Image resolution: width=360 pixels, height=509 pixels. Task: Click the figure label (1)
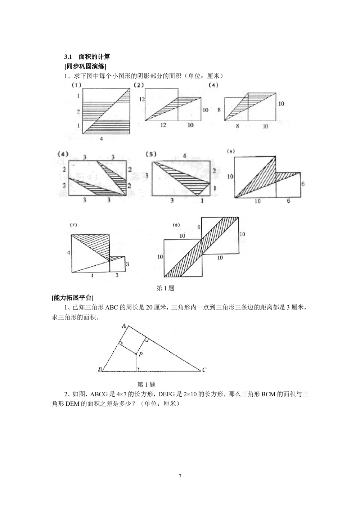click(76, 85)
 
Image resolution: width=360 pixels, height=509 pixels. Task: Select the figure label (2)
click(139, 85)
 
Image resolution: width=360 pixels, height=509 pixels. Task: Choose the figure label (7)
click(73, 225)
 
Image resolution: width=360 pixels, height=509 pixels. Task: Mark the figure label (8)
click(176, 225)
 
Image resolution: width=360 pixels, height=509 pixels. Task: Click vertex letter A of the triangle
click(123, 326)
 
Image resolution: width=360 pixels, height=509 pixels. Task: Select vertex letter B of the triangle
click(99, 370)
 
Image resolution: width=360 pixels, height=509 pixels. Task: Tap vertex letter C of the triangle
click(204, 370)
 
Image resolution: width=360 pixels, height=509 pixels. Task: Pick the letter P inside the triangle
click(140, 355)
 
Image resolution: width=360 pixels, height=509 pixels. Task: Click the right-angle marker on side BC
click(138, 369)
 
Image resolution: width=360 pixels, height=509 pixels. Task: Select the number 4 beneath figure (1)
click(101, 139)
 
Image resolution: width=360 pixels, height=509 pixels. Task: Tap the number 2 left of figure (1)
click(78, 112)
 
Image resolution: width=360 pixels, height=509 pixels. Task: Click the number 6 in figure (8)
click(198, 228)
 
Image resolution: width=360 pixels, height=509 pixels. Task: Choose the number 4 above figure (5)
click(184, 156)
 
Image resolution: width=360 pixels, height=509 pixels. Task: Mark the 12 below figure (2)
click(163, 125)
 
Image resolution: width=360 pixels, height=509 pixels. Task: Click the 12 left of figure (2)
click(143, 99)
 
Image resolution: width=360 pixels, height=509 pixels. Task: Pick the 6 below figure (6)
click(288, 201)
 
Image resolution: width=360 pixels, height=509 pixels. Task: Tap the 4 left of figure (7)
click(68, 253)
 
